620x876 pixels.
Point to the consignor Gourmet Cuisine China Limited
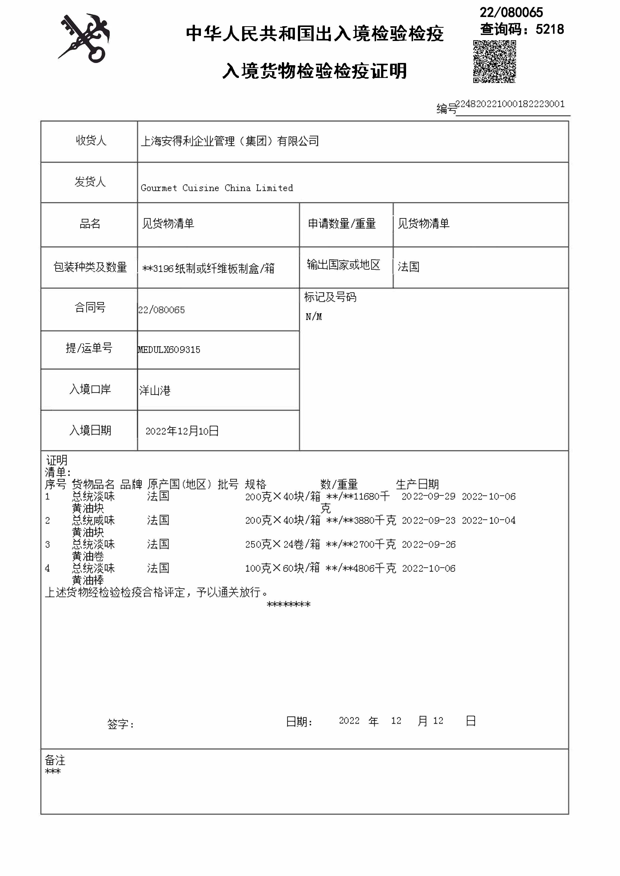(217, 188)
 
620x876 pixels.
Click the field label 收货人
(90, 141)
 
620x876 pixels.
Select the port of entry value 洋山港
(155, 390)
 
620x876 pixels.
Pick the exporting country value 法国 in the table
(409, 267)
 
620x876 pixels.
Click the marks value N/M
(313, 317)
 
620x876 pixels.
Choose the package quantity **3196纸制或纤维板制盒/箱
(208, 269)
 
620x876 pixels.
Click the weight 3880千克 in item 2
(375, 520)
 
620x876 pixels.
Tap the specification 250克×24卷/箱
(283, 545)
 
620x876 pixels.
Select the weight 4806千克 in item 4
(375, 569)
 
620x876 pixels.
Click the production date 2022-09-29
(428, 496)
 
